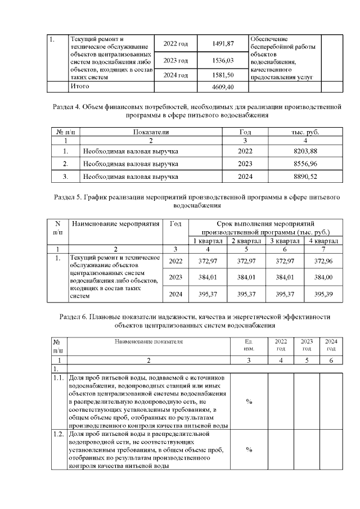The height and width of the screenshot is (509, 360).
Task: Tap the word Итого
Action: coord(79,87)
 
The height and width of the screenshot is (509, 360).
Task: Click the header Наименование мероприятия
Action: coord(116,224)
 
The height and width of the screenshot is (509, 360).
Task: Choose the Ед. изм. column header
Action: coord(249,345)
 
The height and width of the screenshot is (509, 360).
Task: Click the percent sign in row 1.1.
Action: coord(249,402)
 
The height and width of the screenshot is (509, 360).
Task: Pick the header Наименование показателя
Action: coord(148,341)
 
